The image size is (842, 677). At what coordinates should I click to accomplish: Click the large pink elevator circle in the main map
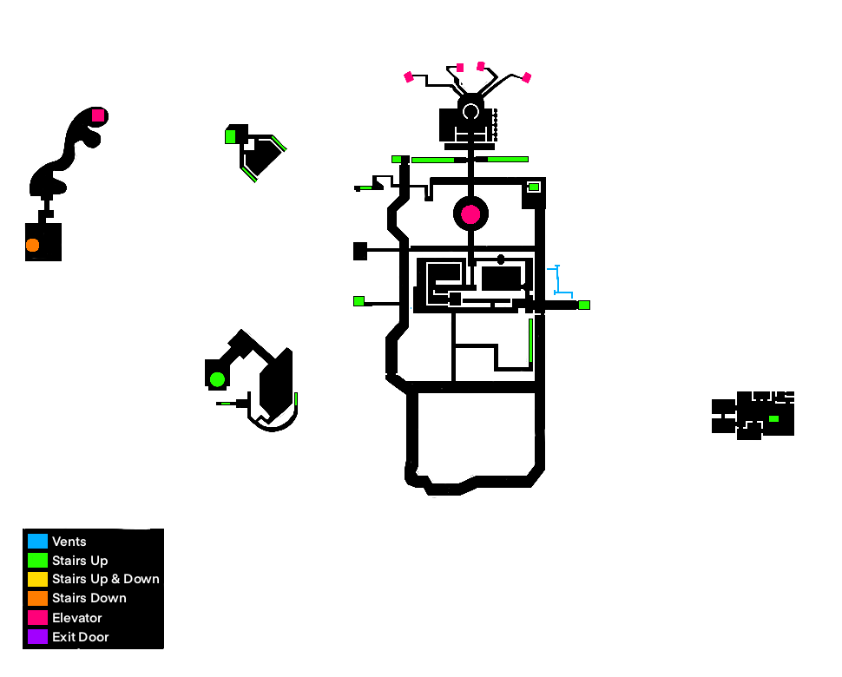[x=470, y=214]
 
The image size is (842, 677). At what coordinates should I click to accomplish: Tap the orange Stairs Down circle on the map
[x=32, y=245]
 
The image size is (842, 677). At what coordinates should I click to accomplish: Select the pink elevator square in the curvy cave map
[x=98, y=115]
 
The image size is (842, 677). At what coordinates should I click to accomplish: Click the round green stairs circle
[x=217, y=379]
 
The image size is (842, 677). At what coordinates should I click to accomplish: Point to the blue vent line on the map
[x=558, y=280]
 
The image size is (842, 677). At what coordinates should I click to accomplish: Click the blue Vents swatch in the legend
[x=37, y=542]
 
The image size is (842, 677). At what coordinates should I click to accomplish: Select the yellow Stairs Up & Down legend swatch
[x=37, y=579]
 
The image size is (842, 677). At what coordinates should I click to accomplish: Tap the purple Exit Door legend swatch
[x=37, y=637]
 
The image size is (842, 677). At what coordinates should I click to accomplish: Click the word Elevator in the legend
[x=77, y=618]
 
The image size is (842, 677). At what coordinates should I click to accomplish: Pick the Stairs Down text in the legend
[x=89, y=598]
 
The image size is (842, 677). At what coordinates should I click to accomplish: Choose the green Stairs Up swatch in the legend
[x=37, y=561]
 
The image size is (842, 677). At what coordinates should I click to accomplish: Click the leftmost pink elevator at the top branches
[x=409, y=77]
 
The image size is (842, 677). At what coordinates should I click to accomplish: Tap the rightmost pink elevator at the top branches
[x=526, y=77]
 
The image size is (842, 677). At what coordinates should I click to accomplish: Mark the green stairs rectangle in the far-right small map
[x=773, y=419]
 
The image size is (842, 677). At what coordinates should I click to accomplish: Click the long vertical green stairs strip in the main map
[x=530, y=340]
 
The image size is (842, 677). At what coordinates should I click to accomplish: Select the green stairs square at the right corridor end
[x=584, y=305]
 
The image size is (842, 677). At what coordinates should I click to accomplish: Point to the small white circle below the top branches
[x=470, y=111]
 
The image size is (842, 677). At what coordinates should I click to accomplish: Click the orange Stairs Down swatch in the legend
[x=37, y=598]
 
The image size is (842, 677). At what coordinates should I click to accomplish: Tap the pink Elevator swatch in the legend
[x=37, y=618]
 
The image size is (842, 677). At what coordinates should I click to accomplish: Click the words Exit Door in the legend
[x=81, y=637]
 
